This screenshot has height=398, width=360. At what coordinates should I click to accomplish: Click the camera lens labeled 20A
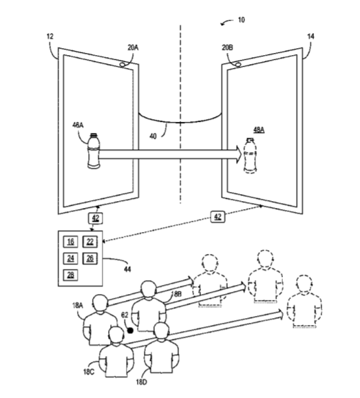click(x=123, y=65)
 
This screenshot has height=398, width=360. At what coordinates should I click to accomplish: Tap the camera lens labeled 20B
click(x=238, y=65)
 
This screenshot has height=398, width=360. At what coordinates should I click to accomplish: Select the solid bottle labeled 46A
click(x=94, y=151)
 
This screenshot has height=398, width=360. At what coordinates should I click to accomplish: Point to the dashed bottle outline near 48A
click(x=251, y=156)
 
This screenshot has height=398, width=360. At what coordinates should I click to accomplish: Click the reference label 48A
click(x=259, y=130)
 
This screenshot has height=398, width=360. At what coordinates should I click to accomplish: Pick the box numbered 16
click(x=70, y=242)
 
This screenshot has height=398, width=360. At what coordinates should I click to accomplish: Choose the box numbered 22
click(x=90, y=242)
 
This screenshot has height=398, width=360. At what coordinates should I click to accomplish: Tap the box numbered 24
click(x=70, y=258)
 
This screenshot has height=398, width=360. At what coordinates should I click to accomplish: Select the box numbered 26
click(x=90, y=258)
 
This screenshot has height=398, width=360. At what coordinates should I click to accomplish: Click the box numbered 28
click(x=70, y=275)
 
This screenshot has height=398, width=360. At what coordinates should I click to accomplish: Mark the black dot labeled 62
click(x=130, y=331)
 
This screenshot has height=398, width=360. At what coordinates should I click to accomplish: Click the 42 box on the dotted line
click(x=218, y=217)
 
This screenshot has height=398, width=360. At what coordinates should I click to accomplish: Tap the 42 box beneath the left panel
click(x=96, y=218)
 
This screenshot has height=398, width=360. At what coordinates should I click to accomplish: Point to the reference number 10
click(x=242, y=20)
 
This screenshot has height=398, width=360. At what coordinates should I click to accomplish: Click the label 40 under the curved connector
click(x=153, y=136)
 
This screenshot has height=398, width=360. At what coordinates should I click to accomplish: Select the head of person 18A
click(x=100, y=303)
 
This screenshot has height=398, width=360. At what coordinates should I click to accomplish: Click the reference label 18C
click(x=89, y=372)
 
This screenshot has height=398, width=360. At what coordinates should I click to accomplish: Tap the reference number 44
click(x=127, y=269)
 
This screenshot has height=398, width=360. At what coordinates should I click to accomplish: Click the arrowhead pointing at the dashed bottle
click(x=239, y=154)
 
